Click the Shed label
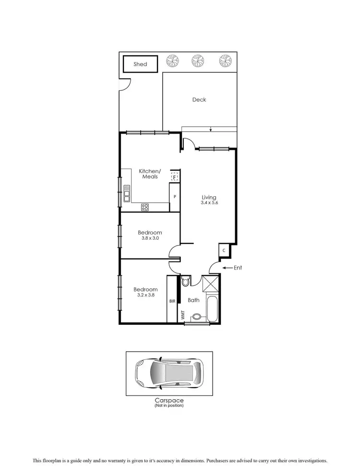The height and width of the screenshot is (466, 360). [x=141, y=64]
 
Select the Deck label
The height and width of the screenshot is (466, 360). [x=199, y=99]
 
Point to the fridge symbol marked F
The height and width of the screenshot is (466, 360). [x=175, y=177]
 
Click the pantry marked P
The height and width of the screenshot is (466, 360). [x=175, y=197]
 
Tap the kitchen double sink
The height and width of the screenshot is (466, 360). [x=127, y=193]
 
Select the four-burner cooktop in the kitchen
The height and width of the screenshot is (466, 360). [x=144, y=208]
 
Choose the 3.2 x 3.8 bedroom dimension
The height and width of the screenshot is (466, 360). [x=145, y=295]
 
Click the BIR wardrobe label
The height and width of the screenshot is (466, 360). [x=172, y=301]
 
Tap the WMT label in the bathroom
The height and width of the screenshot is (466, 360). [x=182, y=315]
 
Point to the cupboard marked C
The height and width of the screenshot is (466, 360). [x=224, y=251]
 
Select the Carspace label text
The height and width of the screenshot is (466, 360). [x=169, y=400]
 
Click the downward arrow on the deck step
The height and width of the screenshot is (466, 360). [x=211, y=129]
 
